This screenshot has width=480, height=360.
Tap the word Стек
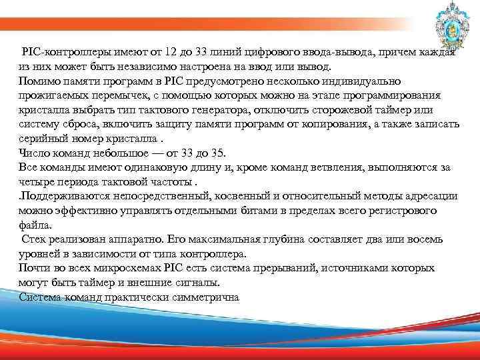pyautogui.click(x=34, y=239)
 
